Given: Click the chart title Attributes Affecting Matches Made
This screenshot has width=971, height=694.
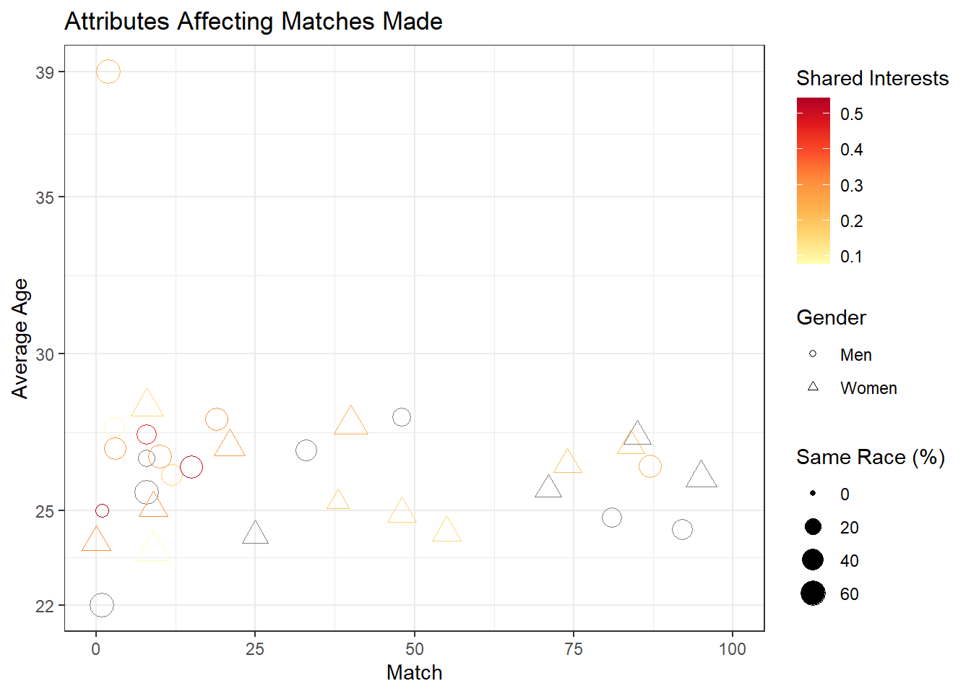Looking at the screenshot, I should click(x=254, y=22).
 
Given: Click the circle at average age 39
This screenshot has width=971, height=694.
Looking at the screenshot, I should click(x=108, y=72).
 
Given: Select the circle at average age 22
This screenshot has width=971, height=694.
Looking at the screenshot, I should click(x=102, y=605).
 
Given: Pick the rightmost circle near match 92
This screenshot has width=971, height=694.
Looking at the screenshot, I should click(x=682, y=530).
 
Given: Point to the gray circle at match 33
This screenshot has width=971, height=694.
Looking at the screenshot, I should click(x=306, y=450).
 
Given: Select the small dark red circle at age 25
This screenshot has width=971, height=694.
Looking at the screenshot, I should click(x=102, y=511).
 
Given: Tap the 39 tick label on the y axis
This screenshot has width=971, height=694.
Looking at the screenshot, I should click(x=45, y=72).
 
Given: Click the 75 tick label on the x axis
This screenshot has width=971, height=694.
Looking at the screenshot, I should click(x=574, y=649).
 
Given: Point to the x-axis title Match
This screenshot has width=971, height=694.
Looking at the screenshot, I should click(x=414, y=672).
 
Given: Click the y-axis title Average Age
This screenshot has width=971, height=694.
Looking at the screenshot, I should click(x=20, y=338).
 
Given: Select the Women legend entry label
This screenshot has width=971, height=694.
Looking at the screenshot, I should click(x=868, y=388).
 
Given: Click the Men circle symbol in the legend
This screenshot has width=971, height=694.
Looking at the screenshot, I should click(x=813, y=354).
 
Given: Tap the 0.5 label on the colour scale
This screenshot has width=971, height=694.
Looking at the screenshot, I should click(x=851, y=114).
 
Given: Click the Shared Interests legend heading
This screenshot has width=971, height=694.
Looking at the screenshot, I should click(x=872, y=78).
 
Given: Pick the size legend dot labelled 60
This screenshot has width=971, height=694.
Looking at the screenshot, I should click(x=813, y=594).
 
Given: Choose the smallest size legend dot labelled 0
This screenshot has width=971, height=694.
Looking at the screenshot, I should click(x=813, y=494).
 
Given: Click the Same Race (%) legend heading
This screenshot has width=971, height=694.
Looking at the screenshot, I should click(x=870, y=457).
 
